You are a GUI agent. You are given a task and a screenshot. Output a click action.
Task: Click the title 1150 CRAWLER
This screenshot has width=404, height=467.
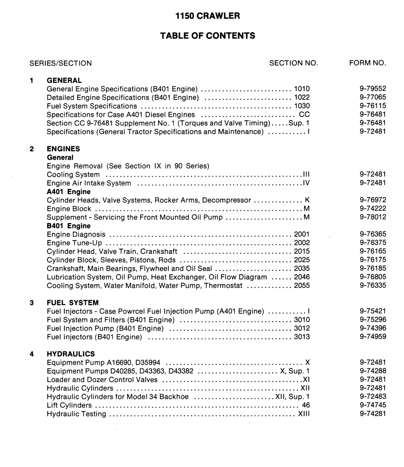click(207, 16)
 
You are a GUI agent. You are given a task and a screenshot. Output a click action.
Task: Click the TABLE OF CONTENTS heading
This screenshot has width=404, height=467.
click(207, 36)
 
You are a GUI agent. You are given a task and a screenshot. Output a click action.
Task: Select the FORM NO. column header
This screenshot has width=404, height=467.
click(368, 63)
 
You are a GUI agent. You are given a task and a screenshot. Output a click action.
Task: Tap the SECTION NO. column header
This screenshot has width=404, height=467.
click(293, 63)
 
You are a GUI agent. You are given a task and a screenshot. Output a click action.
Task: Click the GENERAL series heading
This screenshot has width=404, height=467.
click(64, 81)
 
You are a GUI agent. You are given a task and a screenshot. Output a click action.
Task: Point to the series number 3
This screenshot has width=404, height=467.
click(32, 303)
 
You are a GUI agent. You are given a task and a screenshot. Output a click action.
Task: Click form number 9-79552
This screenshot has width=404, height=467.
click(373, 89)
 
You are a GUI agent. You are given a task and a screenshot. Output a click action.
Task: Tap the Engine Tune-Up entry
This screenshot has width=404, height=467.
click(74, 243)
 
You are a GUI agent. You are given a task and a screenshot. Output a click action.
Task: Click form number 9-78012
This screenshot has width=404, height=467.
click(373, 217)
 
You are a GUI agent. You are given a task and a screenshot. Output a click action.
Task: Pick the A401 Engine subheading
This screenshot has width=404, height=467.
click(69, 192)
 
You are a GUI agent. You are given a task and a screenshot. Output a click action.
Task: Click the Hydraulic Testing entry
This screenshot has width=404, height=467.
click(76, 414)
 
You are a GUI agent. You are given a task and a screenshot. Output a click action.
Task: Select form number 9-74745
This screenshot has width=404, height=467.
click(373, 405)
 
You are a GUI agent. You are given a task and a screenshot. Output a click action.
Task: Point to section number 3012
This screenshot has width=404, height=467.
click(302, 328)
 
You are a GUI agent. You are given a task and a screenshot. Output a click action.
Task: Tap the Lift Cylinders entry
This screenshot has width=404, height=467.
click(70, 405)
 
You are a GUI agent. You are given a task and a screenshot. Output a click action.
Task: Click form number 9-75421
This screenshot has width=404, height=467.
click(373, 311)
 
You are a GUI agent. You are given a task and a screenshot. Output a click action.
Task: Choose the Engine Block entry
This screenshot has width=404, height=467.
click(69, 209)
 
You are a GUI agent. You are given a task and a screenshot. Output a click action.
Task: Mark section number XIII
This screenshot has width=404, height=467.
click(303, 414)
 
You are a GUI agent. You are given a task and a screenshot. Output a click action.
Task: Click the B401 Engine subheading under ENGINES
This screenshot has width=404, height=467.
click(69, 226)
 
